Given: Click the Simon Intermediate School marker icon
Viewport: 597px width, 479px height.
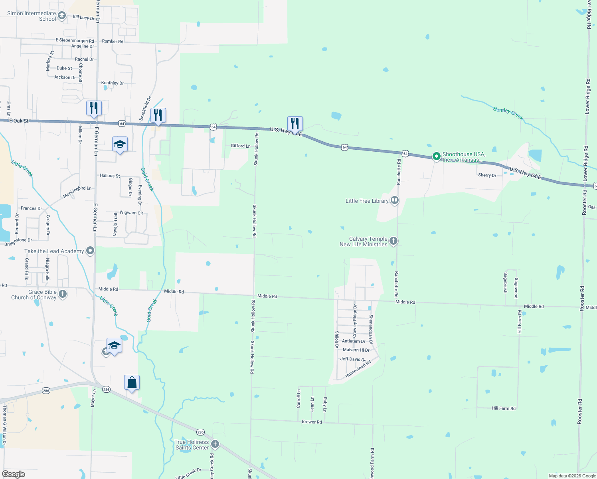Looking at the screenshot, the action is pos(62,16).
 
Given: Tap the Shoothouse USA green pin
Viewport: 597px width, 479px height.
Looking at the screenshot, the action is pos(437,156).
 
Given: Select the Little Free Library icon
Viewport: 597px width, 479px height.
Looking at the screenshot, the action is pos(395,200).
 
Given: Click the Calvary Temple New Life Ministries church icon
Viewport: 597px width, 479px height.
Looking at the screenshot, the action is pos(393,241).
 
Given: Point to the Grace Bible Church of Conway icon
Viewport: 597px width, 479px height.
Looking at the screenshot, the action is pos(62,294).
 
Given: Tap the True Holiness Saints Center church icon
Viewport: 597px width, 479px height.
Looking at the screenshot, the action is pos(215,444).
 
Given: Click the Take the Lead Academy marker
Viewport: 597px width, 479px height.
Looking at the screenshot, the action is pos(90,251).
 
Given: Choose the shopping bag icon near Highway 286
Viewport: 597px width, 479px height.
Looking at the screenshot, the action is pos(132,383).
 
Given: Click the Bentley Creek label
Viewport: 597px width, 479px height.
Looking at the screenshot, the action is pos(508,113).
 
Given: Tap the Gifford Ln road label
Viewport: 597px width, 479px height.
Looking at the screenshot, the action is pos(241,146).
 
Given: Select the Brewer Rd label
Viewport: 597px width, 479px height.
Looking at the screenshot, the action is pos(312,422).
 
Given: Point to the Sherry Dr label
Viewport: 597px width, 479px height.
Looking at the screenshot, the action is pos(487,175).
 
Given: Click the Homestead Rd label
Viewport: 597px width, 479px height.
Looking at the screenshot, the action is pos(358,369).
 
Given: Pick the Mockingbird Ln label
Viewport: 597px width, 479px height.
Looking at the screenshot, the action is pos(77,192).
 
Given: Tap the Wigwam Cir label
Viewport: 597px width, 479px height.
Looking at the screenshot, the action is pos(131,213).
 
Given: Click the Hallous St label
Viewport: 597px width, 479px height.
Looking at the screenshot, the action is pos(110,176).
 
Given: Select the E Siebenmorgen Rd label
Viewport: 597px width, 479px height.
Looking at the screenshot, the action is pos(75,41).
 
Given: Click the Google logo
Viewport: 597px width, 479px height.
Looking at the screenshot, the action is pos(14,474).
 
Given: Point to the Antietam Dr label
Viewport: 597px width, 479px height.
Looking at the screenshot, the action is pos(353,341).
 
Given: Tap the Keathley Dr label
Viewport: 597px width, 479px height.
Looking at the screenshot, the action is pos(112,83).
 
